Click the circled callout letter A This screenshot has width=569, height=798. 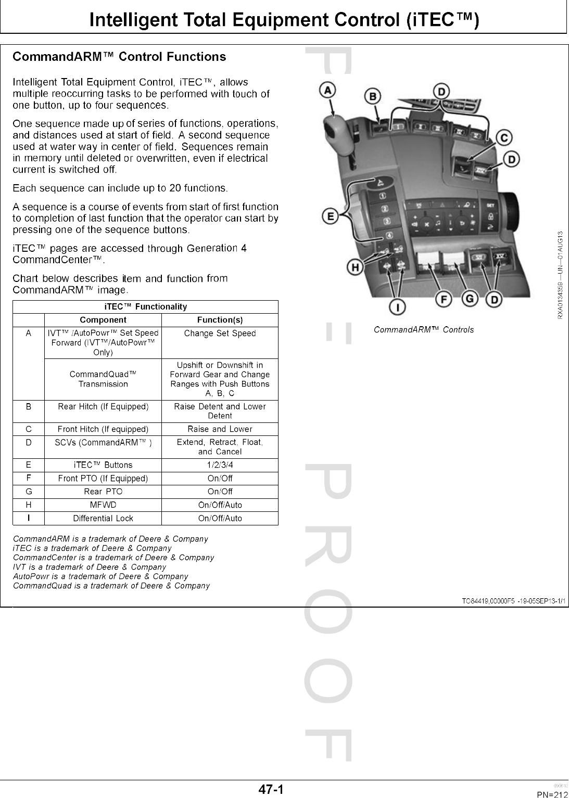tap(328, 90)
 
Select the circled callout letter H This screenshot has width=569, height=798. tap(355, 267)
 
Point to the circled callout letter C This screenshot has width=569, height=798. tap(504, 137)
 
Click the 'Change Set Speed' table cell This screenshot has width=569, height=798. tap(220, 333)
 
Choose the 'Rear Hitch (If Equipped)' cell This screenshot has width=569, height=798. tap(103, 406)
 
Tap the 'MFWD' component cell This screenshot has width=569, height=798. tap(103, 505)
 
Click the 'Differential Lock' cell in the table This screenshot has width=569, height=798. tap(103, 518)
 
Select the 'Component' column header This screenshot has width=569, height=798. tap(103, 320)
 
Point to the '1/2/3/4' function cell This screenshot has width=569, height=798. tap(220, 465)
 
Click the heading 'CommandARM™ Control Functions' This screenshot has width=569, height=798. tap(119, 57)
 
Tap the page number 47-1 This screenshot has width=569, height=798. tap(271, 789)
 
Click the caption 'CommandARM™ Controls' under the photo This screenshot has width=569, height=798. tap(424, 329)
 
